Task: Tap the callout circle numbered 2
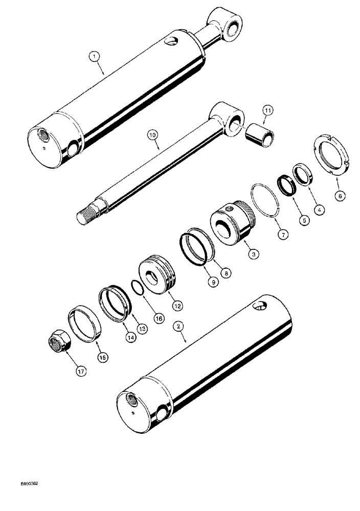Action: click(178, 325)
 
